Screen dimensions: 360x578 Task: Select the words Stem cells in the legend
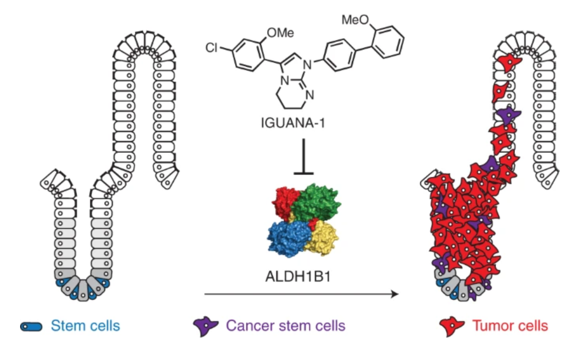(85, 325)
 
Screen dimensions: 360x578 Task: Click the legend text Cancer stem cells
(286, 325)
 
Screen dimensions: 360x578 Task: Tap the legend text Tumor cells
(510, 325)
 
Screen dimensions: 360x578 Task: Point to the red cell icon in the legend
(452, 326)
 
